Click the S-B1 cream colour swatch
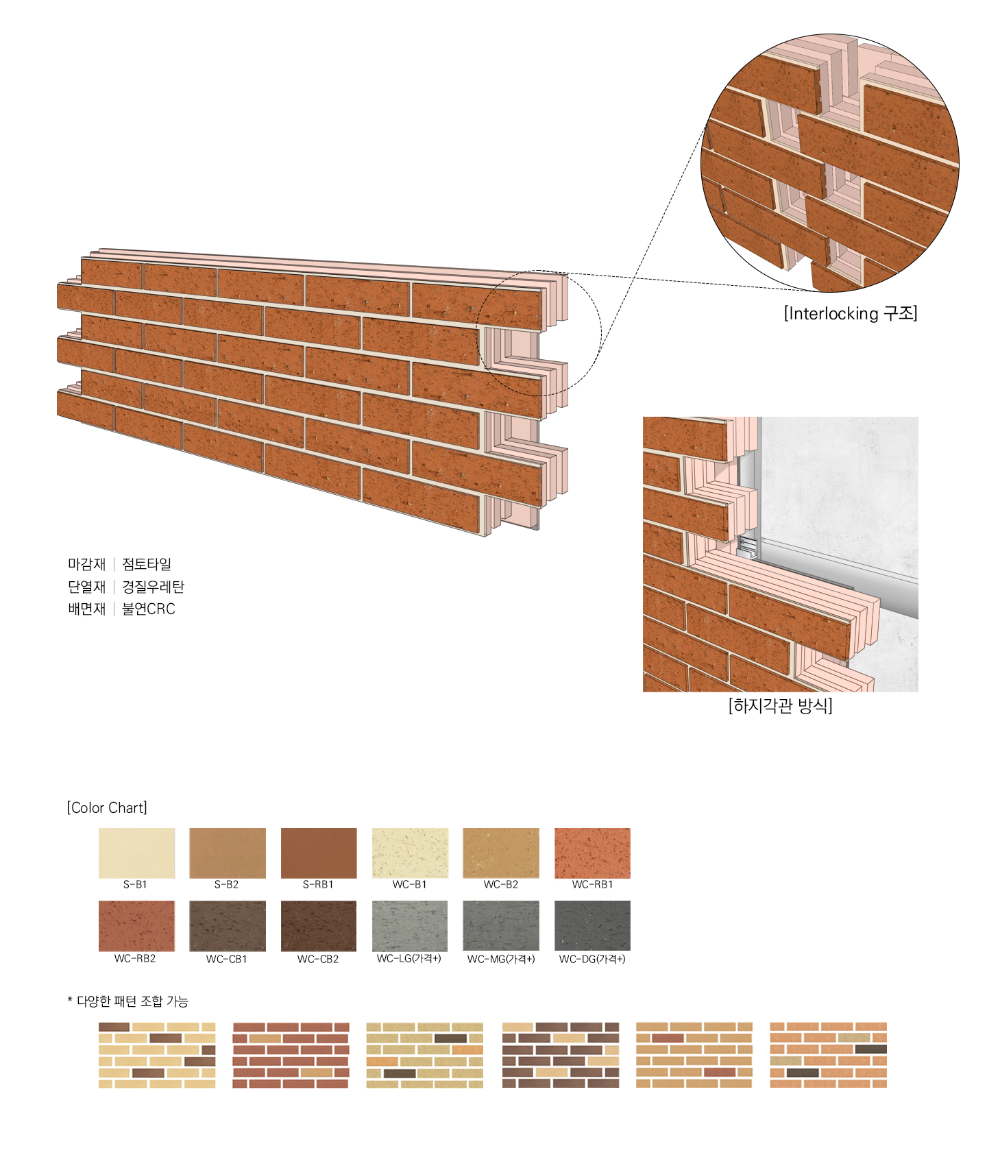pyautogui.click(x=136, y=853)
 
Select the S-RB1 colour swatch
pyautogui.click(x=319, y=853)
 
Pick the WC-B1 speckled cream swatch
pyautogui.click(x=410, y=853)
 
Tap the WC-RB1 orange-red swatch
pyautogui.click(x=592, y=853)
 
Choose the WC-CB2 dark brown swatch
pyautogui.click(x=319, y=926)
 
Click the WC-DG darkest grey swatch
pyautogui.click(x=592, y=926)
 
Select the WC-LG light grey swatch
pyautogui.click(x=410, y=926)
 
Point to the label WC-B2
pyautogui.click(x=501, y=884)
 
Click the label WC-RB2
pyautogui.click(x=135, y=958)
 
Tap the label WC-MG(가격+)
pyautogui.click(x=501, y=959)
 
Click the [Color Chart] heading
pyautogui.click(x=107, y=807)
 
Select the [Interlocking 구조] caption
pyautogui.click(x=851, y=313)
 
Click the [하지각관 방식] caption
pyautogui.click(x=780, y=705)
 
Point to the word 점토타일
pyautogui.click(x=147, y=564)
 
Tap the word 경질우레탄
pyautogui.click(x=153, y=587)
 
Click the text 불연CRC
pyautogui.click(x=149, y=609)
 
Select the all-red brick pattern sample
pyautogui.click(x=291, y=1056)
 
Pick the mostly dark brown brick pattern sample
pyautogui.click(x=561, y=1056)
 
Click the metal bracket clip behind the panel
pyautogui.click(x=746, y=546)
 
